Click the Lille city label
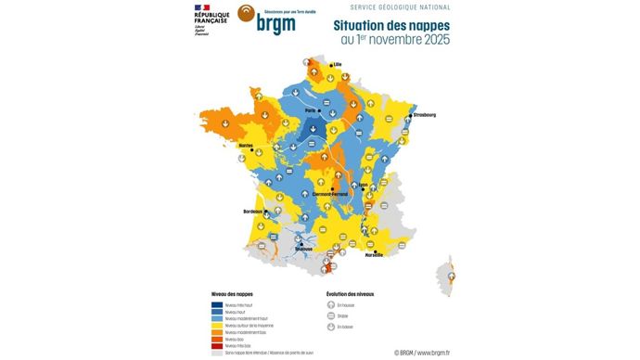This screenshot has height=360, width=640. coord(339,64)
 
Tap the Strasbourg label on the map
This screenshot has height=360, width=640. coord(423,115)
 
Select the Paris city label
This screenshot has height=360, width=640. coord(299,109)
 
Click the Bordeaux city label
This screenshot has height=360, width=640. coord(253,212)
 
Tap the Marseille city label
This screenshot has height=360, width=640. coord(374,253)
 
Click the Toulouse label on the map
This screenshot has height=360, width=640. coord(302,249)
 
